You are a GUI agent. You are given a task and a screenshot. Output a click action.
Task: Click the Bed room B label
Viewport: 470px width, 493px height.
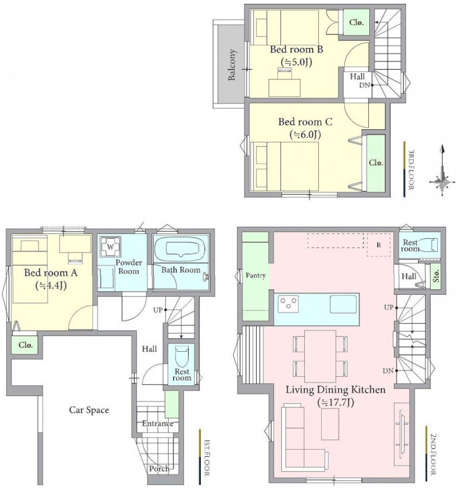pyautogui.click(x=297, y=49)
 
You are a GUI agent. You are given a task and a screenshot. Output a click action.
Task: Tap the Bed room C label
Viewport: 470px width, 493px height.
pyautogui.click(x=305, y=122)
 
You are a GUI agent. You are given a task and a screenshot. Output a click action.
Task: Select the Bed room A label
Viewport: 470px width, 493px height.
pyautogui.click(x=51, y=272)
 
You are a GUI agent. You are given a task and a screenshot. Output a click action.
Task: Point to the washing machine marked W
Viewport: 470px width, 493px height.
pyautogui.click(x=110, y=247)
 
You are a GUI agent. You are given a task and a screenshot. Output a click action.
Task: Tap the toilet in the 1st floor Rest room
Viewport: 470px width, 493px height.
pyautogui.click(x=182, y=352)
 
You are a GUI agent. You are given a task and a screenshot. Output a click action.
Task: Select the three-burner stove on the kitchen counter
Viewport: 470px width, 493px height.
pyautogui.click(x=288, y=304)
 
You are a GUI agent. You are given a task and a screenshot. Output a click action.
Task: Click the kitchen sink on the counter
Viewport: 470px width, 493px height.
pyautogui.click(x=343, y=303)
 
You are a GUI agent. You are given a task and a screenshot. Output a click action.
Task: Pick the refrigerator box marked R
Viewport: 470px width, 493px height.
pyautogui.click(x=379, y=245)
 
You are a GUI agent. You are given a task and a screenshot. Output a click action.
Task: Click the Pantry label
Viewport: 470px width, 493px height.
pyautogui.click(x=256, y=276)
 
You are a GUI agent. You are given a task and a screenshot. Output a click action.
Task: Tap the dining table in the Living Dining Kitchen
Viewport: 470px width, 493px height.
pyautogui.click(x=320, y=356)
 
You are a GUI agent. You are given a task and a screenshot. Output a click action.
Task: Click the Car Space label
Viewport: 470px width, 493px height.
pyautogui.click(x=89, y=410)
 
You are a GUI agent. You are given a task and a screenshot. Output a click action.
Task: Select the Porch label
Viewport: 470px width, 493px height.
pyautogui.click(x=159, y=468)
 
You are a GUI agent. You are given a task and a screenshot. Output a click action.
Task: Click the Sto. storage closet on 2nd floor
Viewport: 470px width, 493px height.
pyautogui.click(x=436, y=276)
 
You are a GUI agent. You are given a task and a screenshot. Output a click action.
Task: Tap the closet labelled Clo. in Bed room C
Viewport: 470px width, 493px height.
pyautogui.click(x=376, y=163)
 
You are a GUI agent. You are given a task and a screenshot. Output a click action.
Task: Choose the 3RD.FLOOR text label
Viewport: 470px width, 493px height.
pyautogui.click(x=411, y=169)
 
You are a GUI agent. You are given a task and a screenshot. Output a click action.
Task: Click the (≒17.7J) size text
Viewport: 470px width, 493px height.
pyautogui.click(x=335, y=402)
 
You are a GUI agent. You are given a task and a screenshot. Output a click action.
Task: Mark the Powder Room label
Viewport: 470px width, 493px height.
pyautogui.click(x=129, y=267)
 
